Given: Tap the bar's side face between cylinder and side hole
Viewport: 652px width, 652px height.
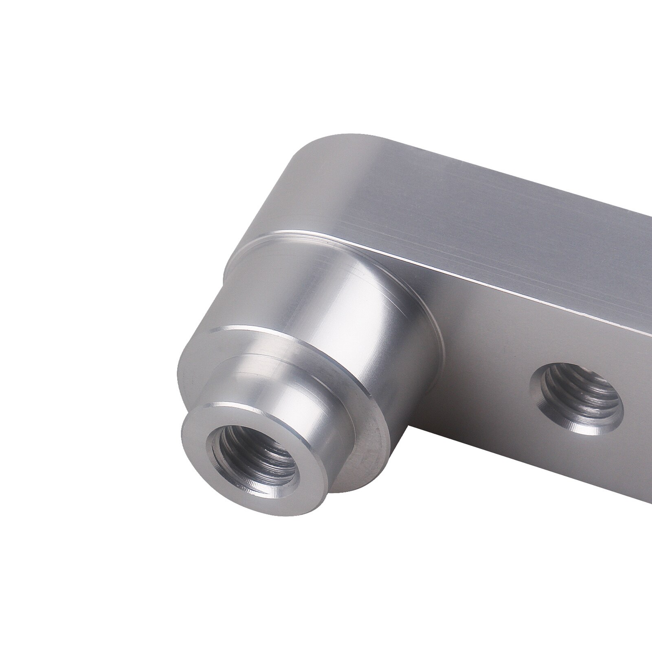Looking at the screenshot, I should click(489, 367).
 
